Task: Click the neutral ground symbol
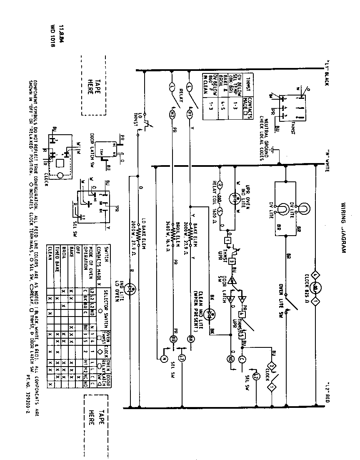273,149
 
